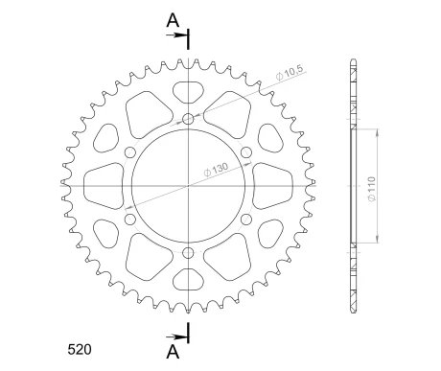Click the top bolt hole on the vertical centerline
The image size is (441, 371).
point(189,120)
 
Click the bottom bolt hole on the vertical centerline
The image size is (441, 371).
point(189,253)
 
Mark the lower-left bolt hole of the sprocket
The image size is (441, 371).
point(130,220)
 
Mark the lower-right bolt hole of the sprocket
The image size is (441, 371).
point(246,220)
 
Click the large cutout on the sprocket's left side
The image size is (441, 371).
point(103,185)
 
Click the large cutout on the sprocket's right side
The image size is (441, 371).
point(275,185)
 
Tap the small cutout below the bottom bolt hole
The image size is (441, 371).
point(189,278)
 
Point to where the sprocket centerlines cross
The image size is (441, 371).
point(189,186)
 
